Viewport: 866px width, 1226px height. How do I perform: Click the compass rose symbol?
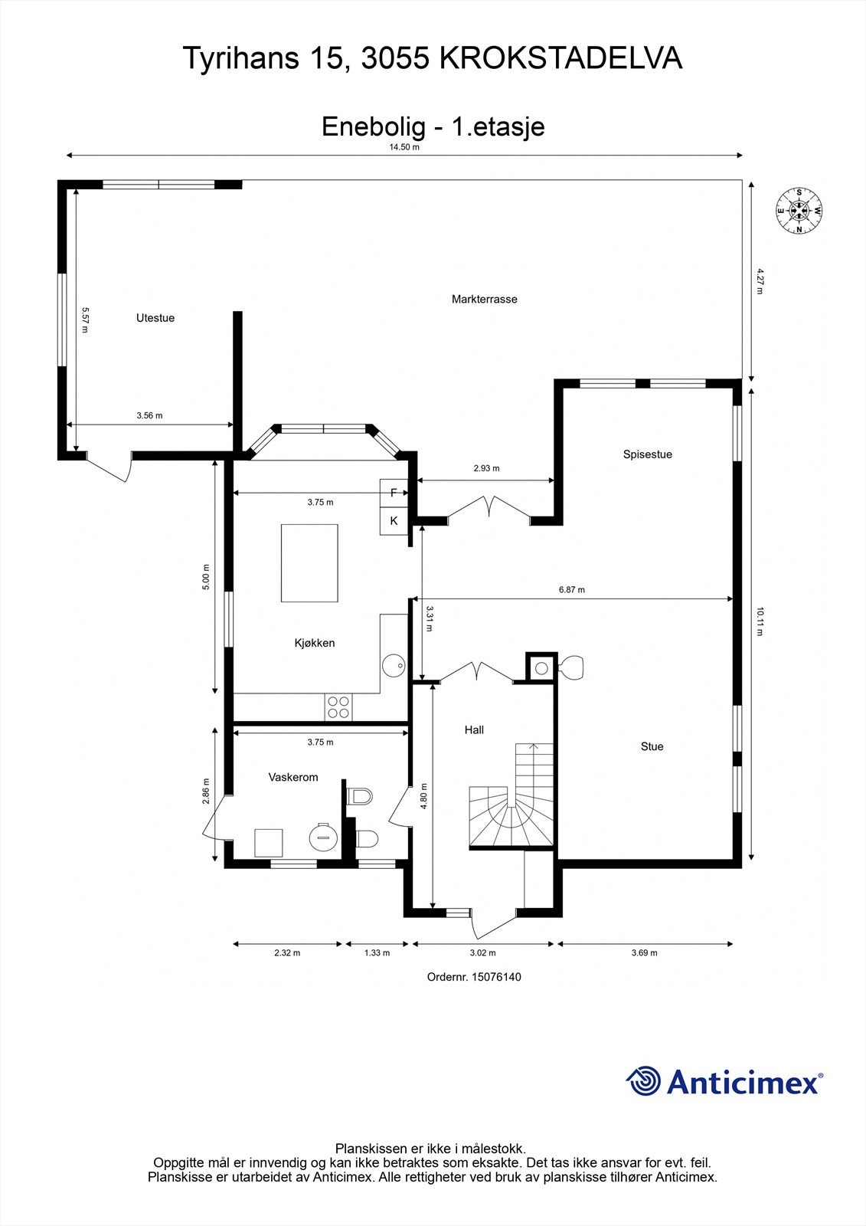pos(799,211)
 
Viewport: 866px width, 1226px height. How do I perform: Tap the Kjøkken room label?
pos(315,643)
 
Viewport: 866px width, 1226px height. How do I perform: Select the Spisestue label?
pos(647,454)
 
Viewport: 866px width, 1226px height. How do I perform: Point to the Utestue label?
pos(155,318)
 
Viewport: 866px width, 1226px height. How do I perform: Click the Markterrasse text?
pos(484,300)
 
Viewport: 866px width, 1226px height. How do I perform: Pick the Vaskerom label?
pos(293,777)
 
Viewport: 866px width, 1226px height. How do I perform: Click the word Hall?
pos(474,729)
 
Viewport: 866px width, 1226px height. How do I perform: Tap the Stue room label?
pos(652,746)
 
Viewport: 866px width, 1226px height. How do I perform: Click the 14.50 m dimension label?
pos(404,147)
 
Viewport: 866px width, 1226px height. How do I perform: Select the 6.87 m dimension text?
pos(572,589)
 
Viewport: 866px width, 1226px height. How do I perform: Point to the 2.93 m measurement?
pos(486,468)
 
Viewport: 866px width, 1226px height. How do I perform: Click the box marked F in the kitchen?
pos(394,493)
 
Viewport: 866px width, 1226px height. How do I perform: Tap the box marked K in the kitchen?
pos(394,521)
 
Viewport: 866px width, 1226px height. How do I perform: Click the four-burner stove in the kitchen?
pos(338,707)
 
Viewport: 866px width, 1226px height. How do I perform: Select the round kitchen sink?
pos(394,666)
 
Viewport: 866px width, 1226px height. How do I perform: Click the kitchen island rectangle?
pos(309,563)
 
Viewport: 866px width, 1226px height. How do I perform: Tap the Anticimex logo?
pos(724,1081)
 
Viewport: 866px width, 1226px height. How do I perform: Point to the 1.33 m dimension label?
pos(377,953)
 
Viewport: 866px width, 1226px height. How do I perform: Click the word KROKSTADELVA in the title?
pos(561,58)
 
